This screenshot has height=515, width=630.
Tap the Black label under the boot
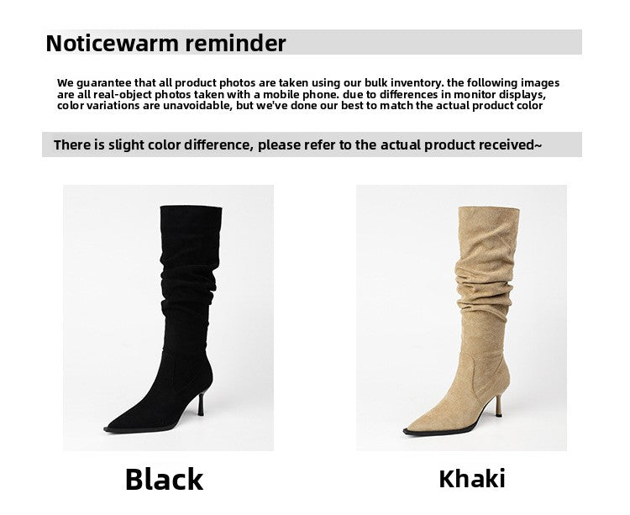click(164, 479)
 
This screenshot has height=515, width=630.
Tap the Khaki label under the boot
click(472, 479)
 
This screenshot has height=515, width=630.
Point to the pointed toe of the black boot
click(113, 428)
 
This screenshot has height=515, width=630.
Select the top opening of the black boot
click(190, 208)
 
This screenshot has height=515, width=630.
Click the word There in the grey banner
click(71, 145)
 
